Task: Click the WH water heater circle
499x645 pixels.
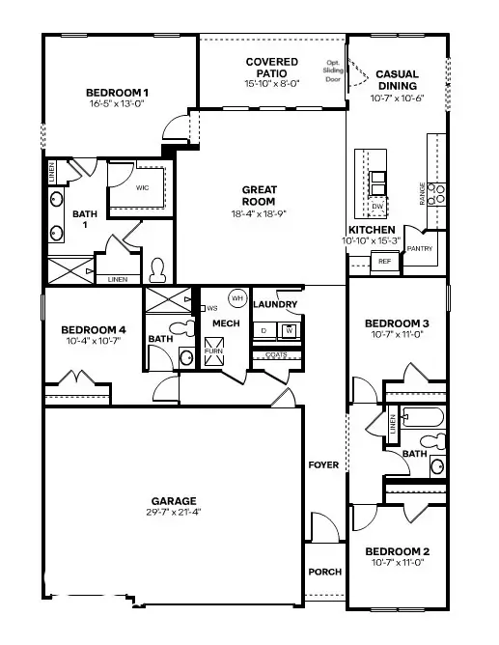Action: (x=236, y=297)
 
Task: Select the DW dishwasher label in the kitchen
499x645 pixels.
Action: (x=377, y=206)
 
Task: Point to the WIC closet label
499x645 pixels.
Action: (x=142, y=187)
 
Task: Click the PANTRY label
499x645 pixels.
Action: (x=420, y=248)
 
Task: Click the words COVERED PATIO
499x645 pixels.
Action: (x=271, y=68)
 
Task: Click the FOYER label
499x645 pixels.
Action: (x=323, y=465)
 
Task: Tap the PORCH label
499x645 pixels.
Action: (x=324, y=572)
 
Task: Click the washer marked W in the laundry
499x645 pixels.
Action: (x=288, y=331)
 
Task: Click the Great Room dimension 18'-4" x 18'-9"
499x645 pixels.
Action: (x=260, y=213)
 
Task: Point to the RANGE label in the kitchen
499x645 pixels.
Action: (x=422, y=195)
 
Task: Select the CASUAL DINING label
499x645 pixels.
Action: (x=397, y=79)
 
